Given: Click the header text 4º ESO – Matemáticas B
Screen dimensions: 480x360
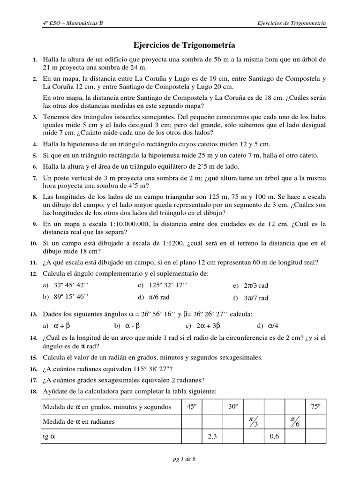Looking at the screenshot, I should (73, 23).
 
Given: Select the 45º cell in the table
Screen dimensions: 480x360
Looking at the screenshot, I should (191, 407).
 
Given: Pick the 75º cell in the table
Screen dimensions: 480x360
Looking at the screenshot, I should (315, 407).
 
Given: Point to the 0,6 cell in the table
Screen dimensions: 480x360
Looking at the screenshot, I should (275, 436).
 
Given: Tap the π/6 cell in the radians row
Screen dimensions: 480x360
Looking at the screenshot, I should (295, 421).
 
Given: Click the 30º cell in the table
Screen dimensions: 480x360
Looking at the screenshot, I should (233, 407).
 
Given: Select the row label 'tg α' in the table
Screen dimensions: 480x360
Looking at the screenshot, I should (49, 436).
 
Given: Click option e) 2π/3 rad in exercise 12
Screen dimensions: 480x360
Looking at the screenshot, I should (251, 285).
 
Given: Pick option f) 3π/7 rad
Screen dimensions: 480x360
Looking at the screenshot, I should (251, 298).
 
